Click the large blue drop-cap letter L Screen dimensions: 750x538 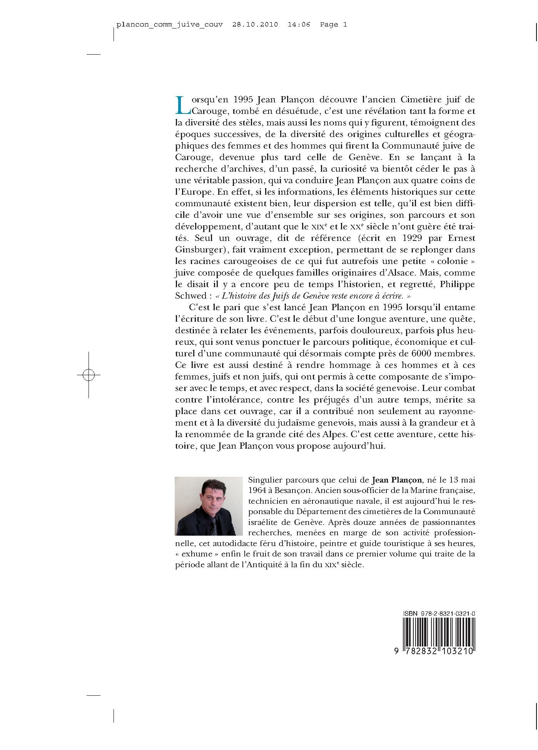pyautogui.click(x=182, y=105)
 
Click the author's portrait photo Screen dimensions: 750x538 pyautogui.click(x=209, y=506)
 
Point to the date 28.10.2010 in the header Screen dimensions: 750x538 pyautogui.click(x=255, y=25)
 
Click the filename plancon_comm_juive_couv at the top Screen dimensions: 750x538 pyautogui.click(x=169, y=25)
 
